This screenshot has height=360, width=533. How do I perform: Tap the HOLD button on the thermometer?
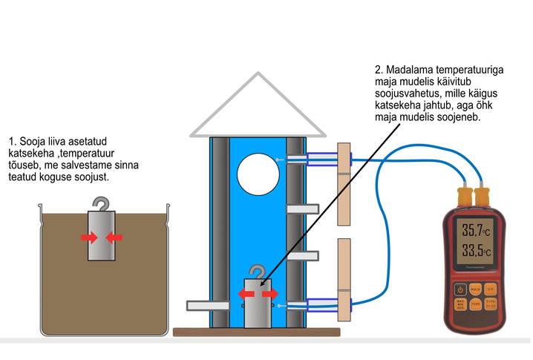tap(476, 289)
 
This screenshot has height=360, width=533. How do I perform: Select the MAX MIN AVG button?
tap(460, 303)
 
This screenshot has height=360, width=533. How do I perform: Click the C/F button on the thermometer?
tap(491, 289)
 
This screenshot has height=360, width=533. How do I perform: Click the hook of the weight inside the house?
tap(258, 273)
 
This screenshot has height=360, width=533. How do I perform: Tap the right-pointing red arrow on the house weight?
tap(270, 295)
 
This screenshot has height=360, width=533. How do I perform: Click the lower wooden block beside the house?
tap(343, 280)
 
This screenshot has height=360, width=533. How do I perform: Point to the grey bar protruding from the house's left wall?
tap(202, 304)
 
